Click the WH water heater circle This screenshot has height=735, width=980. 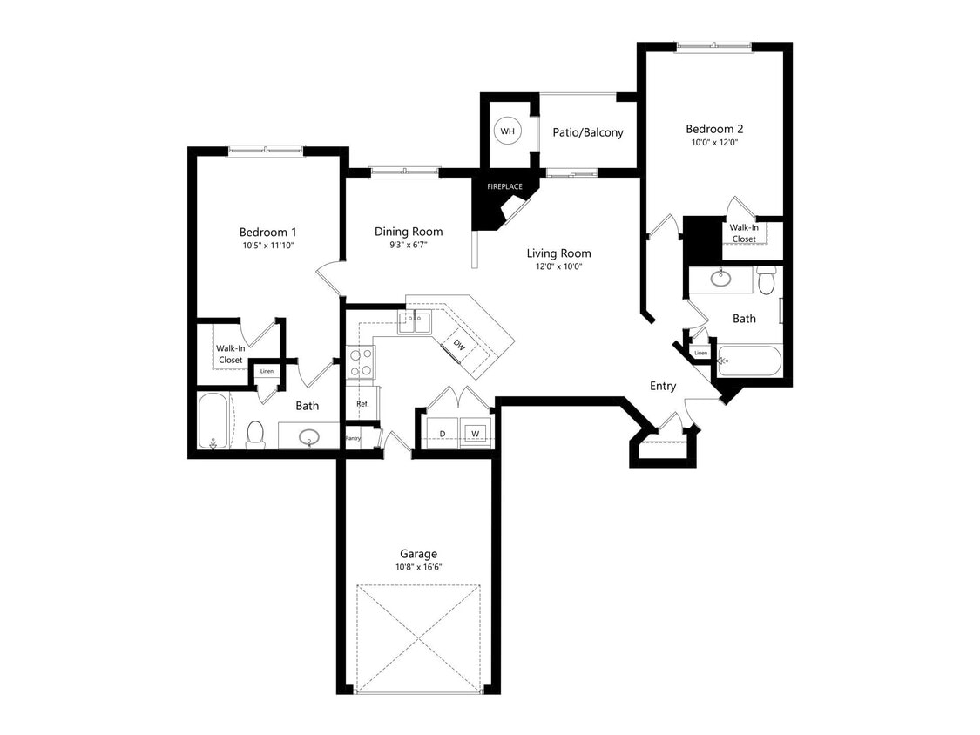[508, 131]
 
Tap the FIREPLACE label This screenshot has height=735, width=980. [504, 186]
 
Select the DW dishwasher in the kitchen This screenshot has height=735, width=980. [459, 345]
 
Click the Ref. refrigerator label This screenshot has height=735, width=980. [362, 404]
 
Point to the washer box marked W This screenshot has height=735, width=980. [475, 433]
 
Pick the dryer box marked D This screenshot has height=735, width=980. [442, 433]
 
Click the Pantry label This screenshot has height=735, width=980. [353, 438]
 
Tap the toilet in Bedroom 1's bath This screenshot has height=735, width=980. [255, 433]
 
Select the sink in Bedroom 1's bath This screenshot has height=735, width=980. [309, 436]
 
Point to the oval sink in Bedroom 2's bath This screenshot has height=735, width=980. [720, 279]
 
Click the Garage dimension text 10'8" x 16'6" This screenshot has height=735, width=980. [418, 568]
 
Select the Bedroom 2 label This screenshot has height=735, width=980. [714, 128]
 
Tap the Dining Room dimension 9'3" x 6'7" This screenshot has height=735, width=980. [409, 245]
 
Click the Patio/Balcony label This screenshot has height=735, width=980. [588, 132]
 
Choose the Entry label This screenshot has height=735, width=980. [663, 386]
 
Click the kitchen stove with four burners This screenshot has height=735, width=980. [361, 362]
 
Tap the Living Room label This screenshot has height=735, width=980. [558, 253]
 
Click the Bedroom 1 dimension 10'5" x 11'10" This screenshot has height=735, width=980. [268, 246]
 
